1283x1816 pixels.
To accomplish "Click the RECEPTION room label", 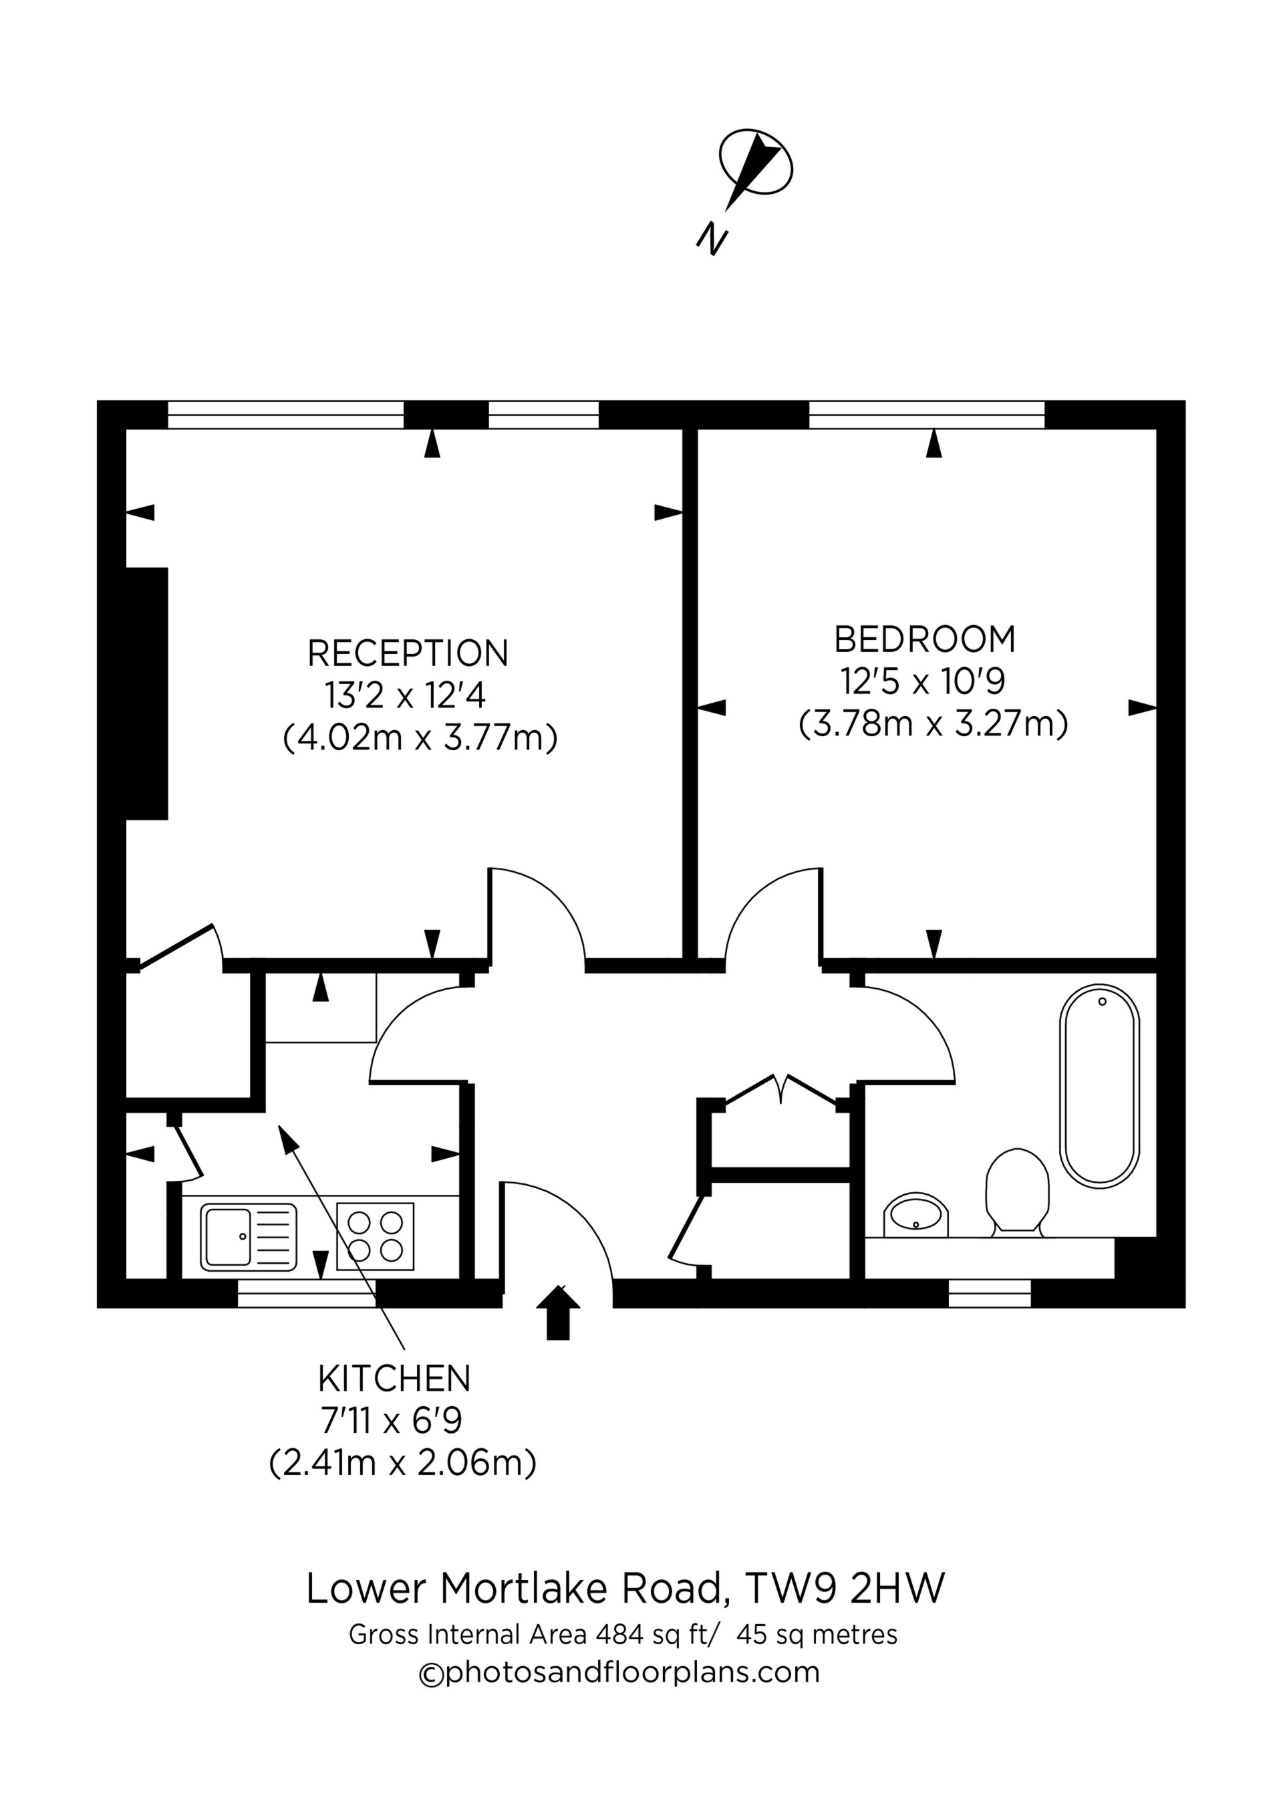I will point(408,653).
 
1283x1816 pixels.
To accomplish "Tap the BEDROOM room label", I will point(924,639).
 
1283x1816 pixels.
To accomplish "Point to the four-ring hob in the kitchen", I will point(376,1236).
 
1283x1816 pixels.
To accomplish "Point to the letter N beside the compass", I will point(712,238).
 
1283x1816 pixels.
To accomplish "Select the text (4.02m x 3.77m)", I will point(420,738).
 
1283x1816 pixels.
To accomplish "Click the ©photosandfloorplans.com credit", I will point(619,1670).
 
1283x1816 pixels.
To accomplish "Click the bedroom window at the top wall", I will point(926,415).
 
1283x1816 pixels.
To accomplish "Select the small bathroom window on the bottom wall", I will point(989,1294).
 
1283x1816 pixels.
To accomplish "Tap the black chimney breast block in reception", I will point(147,693).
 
